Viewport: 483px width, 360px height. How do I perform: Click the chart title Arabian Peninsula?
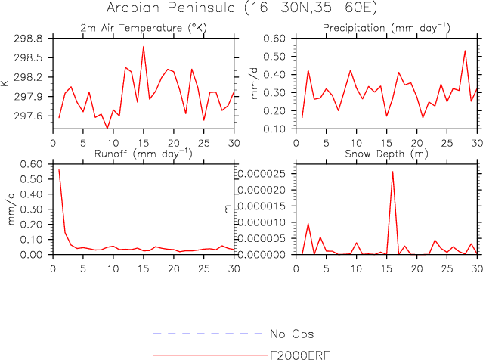(241, 9)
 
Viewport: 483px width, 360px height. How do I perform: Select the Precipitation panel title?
(385, 28)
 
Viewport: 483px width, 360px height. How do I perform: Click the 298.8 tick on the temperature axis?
(29, 38)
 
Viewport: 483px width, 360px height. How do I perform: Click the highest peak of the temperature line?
(144, 46)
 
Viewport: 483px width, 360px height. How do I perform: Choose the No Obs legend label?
(291, 334)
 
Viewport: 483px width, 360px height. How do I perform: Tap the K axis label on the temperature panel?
(7, 83)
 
